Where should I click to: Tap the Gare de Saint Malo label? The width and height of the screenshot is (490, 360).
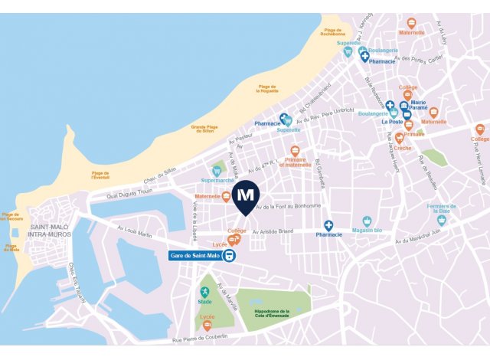pos(194,256)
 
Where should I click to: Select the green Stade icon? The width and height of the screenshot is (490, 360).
pos(204,292)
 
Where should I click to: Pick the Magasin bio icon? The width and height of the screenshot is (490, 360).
pos(367,221)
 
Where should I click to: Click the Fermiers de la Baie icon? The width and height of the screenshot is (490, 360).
pos(441,220)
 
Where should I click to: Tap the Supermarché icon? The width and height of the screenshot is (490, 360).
pos(217,170)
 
